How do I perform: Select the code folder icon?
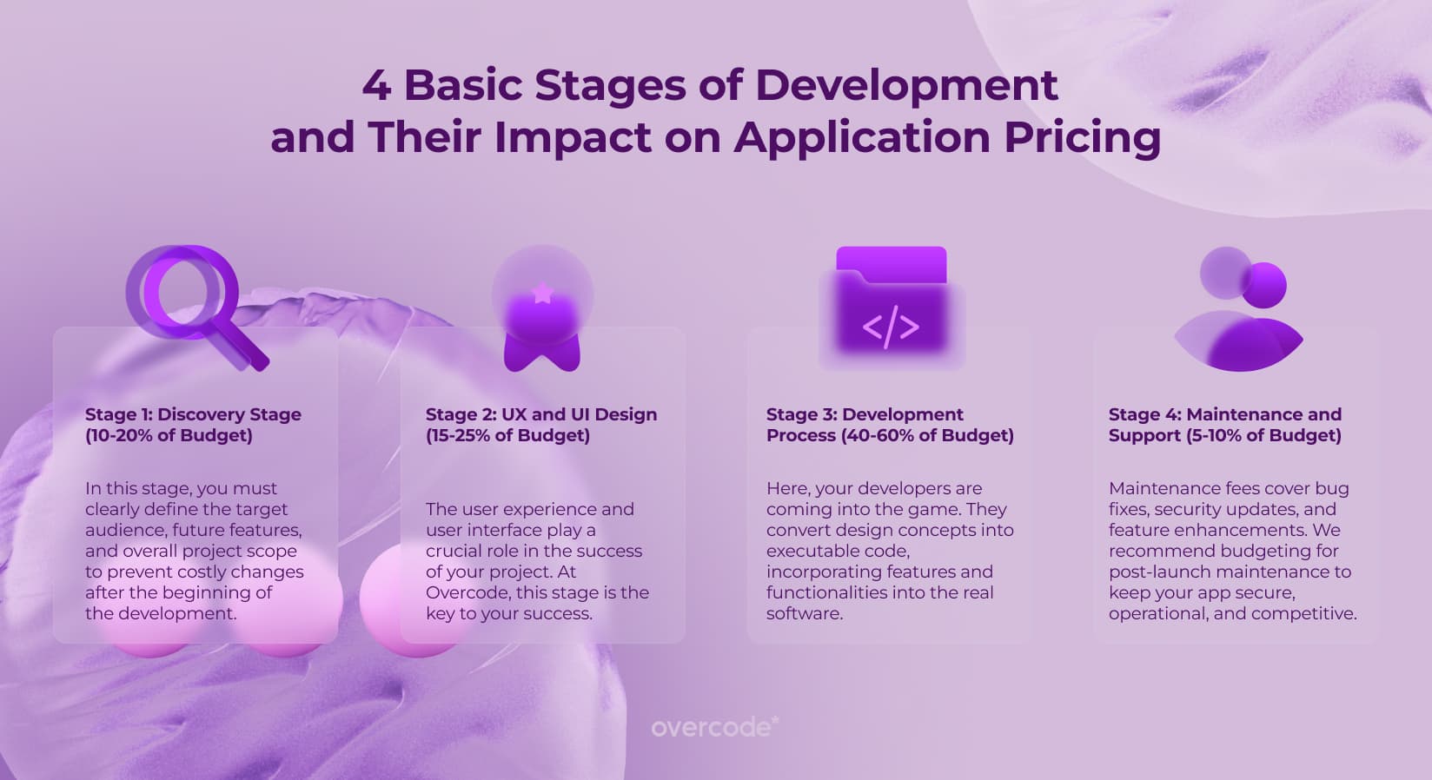click(892, 307)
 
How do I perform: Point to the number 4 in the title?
click(376, 85)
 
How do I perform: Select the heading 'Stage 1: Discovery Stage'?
click(193, 414)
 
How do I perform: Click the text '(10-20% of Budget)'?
click(169, 435)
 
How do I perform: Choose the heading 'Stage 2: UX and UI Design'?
click(541, 414)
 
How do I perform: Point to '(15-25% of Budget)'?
click(507, 435)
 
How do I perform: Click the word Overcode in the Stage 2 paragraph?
click(467, 592)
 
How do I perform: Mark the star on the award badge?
click(542, 292)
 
